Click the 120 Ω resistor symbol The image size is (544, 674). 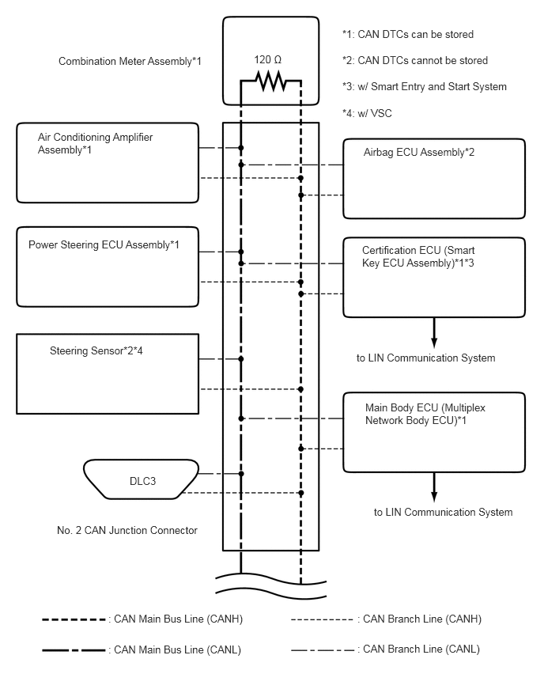(x=270, y=81)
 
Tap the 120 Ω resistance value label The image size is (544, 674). (x=268, y=60)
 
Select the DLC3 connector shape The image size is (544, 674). (x=141, y=479)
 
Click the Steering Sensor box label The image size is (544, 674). (x=96, y=350)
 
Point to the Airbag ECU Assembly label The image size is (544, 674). (x=419, y=152)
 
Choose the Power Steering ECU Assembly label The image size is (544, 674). (x=104, y=244)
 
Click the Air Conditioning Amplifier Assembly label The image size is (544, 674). (x=96, y=143)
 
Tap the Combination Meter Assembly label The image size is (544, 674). (x=130, y=61)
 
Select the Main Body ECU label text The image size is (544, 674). (x=425, y=414)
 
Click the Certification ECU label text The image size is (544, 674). (x=418, y=256)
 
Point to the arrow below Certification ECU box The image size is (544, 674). (x=434, y=333)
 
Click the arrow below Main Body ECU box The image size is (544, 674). (x=434, y=487)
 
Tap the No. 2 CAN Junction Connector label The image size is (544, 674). (x=127, y=530)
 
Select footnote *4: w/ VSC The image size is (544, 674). (x=367, y=113)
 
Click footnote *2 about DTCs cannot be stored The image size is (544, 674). (x=414, y=60)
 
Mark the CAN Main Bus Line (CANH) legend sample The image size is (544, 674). (x=74, y=619)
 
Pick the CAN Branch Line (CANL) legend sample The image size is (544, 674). (x=323, y=650)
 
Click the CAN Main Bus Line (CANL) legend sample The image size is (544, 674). (x=74, y=650)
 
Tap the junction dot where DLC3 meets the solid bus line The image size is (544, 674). (x=241, y=474)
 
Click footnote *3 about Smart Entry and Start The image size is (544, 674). (x=424, y=86)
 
